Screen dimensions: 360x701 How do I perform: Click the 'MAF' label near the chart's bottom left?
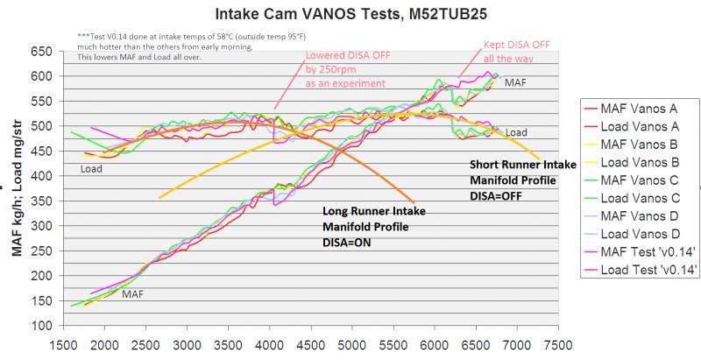pos(133,294)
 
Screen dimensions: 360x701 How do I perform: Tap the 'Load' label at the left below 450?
pos(91,168)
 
